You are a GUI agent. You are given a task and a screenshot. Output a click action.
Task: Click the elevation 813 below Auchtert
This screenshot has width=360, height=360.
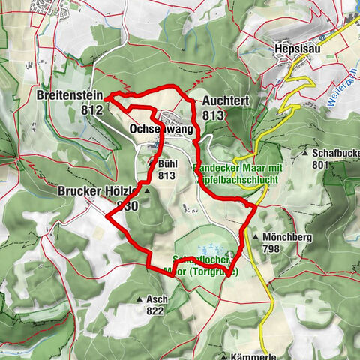[213, 115]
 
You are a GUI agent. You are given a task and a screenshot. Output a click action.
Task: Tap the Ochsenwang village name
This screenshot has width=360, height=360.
[161, 130]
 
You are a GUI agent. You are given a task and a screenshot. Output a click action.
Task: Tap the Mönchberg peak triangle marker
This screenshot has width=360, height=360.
[255, 235]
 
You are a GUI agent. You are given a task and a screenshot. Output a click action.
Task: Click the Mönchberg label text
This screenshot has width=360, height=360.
[286, 235]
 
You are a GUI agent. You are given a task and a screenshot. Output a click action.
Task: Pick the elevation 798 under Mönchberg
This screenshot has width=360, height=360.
[271, 247]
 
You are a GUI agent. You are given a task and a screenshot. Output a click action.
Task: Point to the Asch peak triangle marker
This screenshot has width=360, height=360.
[139, 299]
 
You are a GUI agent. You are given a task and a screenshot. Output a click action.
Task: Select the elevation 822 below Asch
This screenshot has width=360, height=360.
[156, 310]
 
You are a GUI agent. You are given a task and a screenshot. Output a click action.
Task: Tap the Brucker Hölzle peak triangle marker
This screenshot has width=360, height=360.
[147, 191]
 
